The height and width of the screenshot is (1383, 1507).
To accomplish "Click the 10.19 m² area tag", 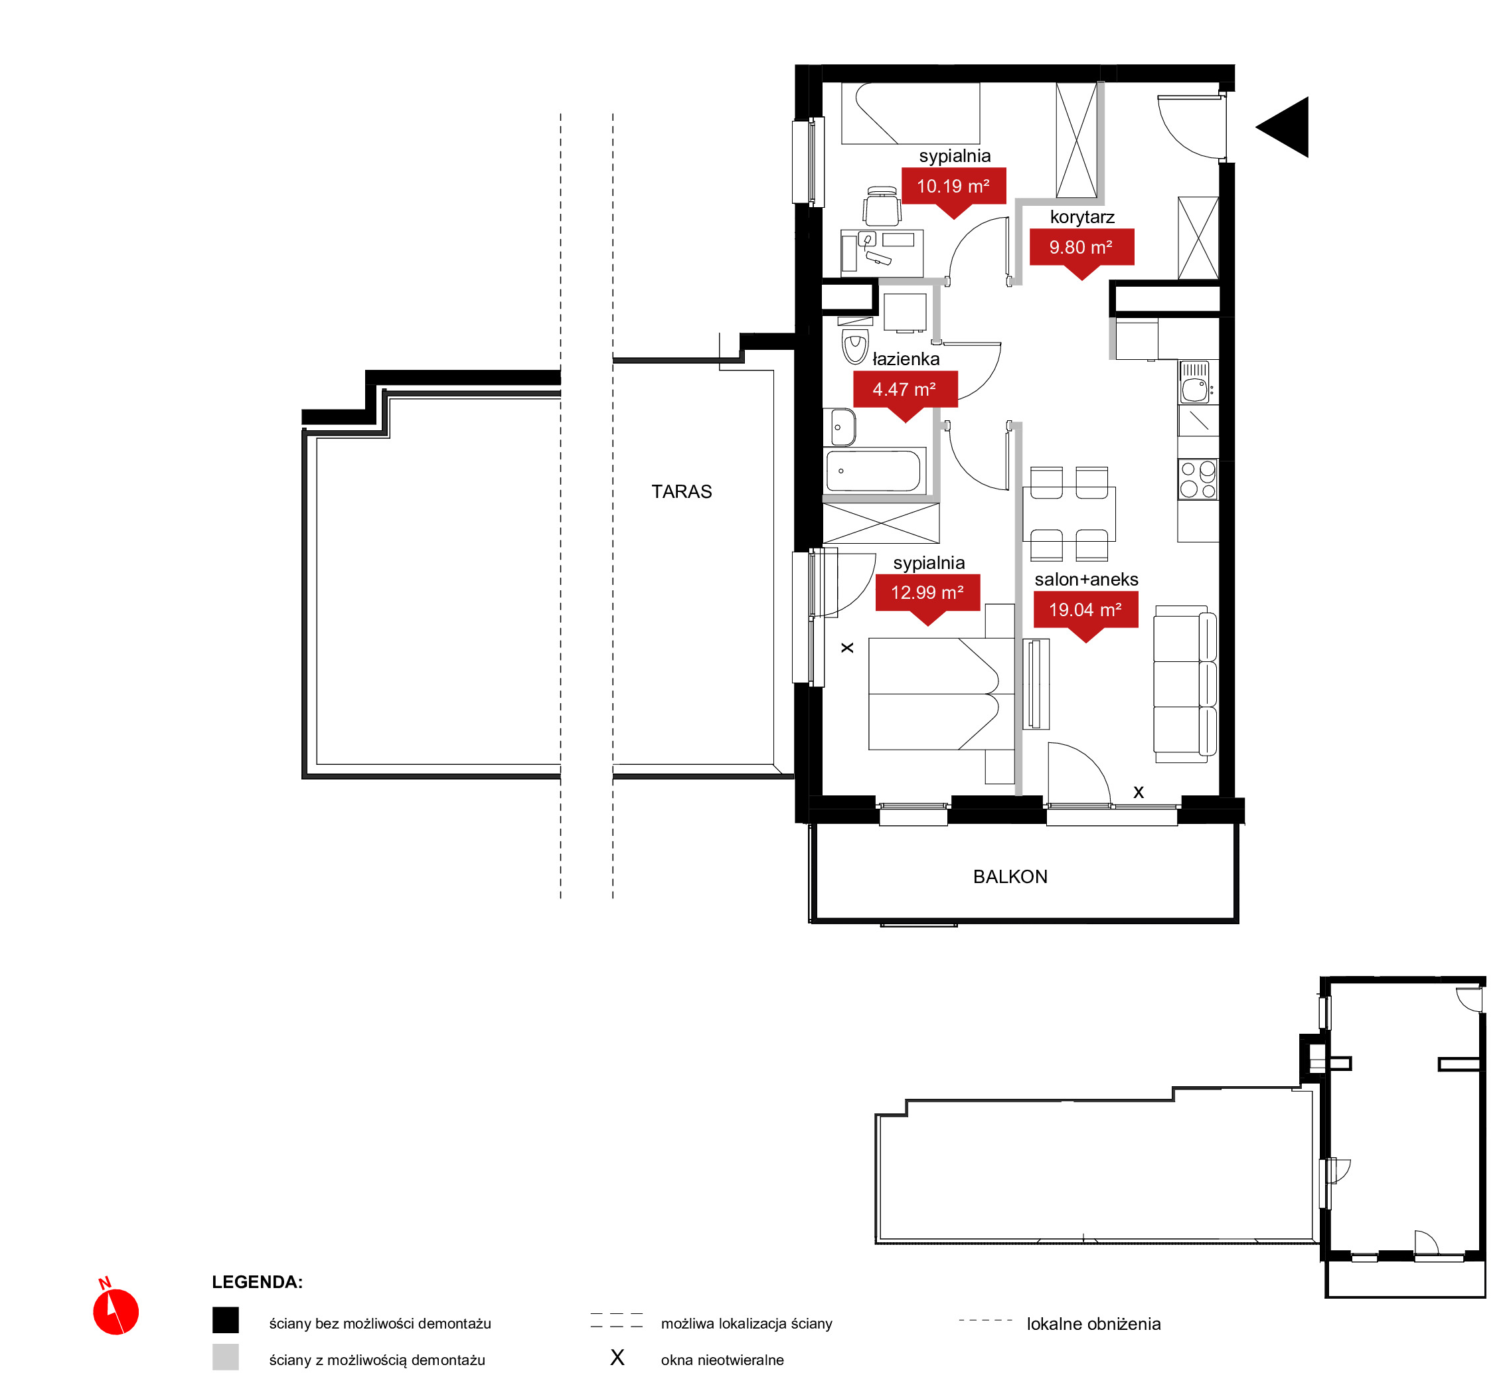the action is pyautogui.click(x=953, y=187).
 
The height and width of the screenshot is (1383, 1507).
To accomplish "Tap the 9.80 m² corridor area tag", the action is pyautogui.click(x=1082, y=248).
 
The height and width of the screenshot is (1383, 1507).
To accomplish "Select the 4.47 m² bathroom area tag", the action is pyautogui.click(x=906, y=390).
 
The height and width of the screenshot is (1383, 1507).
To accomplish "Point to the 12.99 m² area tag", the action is pyautogui.click(x=928, y=594).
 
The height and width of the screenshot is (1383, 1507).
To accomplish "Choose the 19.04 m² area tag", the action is pyautogui.click(x=1085, y=611).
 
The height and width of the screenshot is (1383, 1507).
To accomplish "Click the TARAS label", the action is pyautogui.click(x=682, y=492).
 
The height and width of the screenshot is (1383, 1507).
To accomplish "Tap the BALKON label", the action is pyautogui.click(x=1010, y=877).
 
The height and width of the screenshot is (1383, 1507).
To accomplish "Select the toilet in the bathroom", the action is pyautogui.click(x=855, y=343).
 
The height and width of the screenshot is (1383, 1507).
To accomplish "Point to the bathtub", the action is pyautogui.click(x=874, y=471).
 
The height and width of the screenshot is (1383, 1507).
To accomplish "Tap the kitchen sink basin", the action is pyautogui.click(x=1194, y=390).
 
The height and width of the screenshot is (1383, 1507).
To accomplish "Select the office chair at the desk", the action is pyautogui.click(x=882, y=206).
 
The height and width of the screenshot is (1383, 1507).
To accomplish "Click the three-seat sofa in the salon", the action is pyautogui.click(x=1185, y=684).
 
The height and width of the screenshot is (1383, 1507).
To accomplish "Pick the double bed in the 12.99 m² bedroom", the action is pyautogui.click(x=941, y=694).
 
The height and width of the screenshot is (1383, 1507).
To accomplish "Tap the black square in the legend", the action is pyautogui.click(x=225, y=1320).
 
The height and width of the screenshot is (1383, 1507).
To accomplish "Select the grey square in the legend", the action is pyautogui.click(x=225, y=1357).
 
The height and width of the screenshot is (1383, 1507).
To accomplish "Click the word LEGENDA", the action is pyautogui.click(x=258, y=1282).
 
